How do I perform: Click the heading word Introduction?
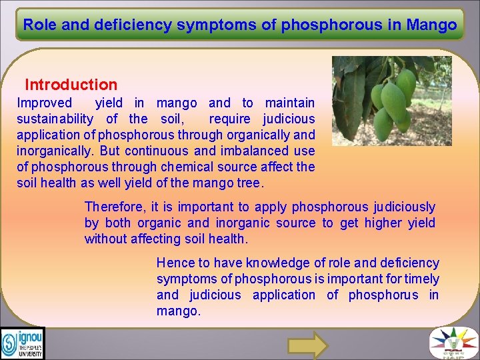(x=71, y=85)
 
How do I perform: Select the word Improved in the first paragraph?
(x=44, y=103)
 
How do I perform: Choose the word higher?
(x=382, y=223)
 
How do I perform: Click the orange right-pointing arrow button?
(x=307, y=345)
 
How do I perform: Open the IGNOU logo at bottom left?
(x=22, y=343)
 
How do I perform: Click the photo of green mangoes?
(x=391, y=101)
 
